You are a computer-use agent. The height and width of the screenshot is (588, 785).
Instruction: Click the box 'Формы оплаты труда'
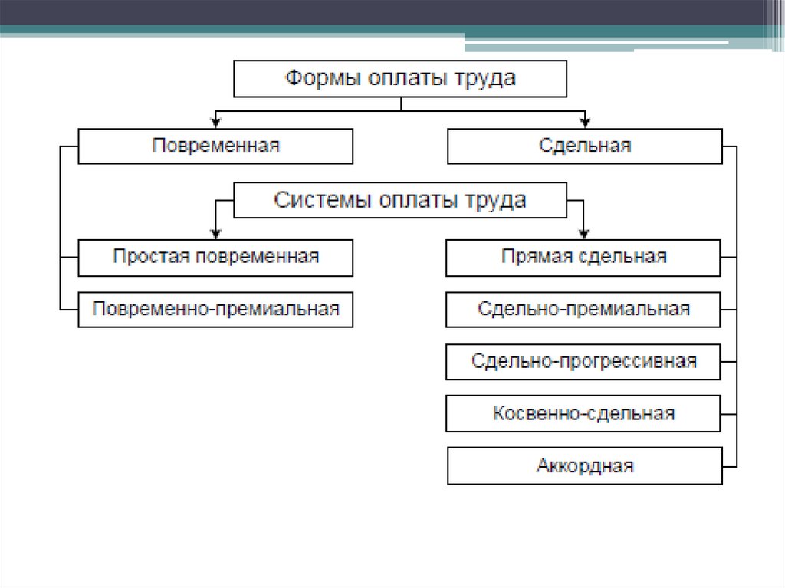coord(399,79)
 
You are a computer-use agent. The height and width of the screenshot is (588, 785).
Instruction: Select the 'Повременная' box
coord(215,146)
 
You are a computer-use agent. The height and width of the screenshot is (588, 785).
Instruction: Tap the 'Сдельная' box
coord(584,146)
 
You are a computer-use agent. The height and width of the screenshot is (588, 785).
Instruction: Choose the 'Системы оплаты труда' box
coord(399,201)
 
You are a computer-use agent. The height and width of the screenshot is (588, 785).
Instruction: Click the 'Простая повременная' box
coord(215,257)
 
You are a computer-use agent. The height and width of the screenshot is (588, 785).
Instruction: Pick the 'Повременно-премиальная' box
coord(215,309)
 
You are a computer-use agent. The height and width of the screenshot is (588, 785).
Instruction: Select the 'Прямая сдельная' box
coord(583,257)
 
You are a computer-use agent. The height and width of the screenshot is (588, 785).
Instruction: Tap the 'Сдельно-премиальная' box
coord(583,309)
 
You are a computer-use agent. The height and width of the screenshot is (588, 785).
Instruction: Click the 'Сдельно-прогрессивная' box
coord(583,361)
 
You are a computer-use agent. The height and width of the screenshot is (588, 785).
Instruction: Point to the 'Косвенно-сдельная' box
coord(583,413)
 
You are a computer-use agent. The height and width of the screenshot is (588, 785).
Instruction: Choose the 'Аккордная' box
coord(584,465)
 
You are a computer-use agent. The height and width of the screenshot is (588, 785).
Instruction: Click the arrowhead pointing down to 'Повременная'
coord(217,121)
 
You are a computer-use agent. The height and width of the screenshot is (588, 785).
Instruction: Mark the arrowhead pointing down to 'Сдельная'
coord(585,121)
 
